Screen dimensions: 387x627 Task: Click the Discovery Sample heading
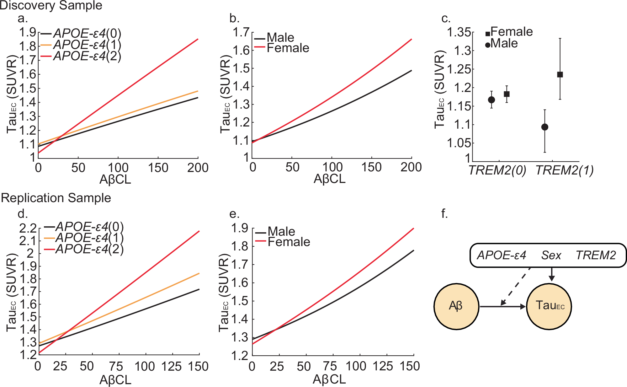pos(51,5)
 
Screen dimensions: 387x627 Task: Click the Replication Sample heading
pos(56,198)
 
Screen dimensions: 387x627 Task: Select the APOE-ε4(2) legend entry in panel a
pos(87,56)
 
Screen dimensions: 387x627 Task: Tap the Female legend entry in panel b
pos(288,48)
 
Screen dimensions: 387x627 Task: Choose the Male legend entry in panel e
pos(281,232)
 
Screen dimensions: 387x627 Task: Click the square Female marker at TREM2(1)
pos(560,74)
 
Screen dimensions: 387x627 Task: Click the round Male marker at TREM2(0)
pos(492,100)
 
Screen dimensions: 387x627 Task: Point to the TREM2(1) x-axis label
pos(565,170)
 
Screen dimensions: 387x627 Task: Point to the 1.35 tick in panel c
pos(459,32)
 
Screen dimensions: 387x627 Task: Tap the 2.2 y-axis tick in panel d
pos(28,228)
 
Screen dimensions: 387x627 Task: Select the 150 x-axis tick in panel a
pos(158,168)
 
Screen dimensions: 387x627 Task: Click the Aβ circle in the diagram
pos(456,306)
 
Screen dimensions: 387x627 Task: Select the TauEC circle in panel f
pos(549,306)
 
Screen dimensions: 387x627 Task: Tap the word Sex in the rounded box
pos(551,255)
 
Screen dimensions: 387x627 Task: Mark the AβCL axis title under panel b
pos(329,179)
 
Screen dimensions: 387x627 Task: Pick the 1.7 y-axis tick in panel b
pos(241,32)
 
